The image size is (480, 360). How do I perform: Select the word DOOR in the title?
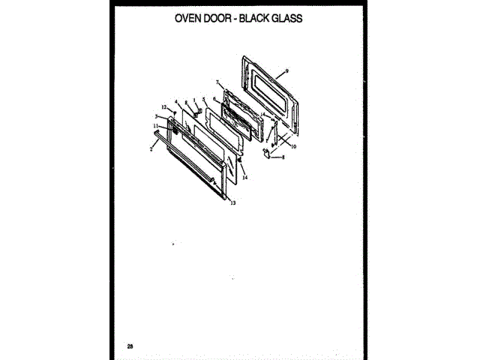222,17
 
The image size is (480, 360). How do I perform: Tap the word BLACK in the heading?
262,17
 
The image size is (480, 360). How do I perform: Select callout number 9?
287,71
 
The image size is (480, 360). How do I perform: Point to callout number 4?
175,101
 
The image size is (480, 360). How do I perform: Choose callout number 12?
163,108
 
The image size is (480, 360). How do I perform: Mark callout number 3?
156,117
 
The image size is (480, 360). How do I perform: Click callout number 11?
155,126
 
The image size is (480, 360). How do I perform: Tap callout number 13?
232,203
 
